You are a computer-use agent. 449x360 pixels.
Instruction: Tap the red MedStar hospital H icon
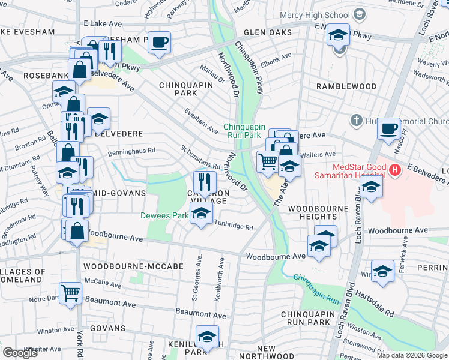point(394,170)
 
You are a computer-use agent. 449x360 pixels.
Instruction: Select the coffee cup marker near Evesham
point(159,43)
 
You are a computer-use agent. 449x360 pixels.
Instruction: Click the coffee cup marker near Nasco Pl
point(388,128)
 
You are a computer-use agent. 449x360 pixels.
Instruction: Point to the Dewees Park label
point(164,215)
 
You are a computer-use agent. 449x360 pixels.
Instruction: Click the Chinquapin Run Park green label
point(244,131)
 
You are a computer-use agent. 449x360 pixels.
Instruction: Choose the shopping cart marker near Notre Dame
point(71,293)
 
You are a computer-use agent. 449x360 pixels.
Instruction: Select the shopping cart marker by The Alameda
point(267,161)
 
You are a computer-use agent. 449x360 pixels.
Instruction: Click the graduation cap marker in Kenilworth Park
point(207,337)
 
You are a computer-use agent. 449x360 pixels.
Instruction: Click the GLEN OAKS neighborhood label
point(267,32)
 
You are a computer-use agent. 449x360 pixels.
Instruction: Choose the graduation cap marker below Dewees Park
point(201,213)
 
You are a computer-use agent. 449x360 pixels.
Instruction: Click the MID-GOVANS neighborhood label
point(120,193)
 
